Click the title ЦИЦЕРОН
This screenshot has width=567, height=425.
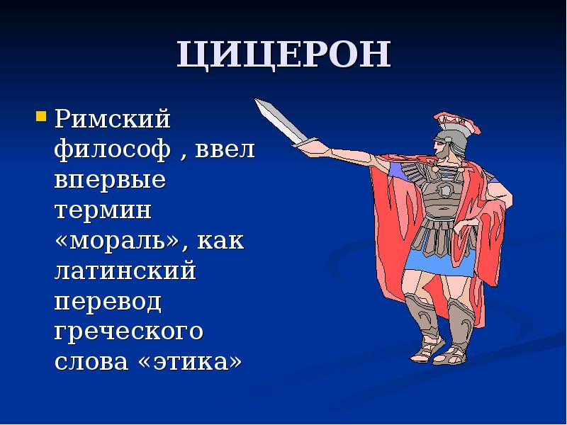point(283,56)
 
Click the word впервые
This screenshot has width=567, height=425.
point(110,180)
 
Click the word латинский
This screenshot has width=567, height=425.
point(125,271)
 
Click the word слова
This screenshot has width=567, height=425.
point(89,362)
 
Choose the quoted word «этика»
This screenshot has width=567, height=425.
point(189,362)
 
